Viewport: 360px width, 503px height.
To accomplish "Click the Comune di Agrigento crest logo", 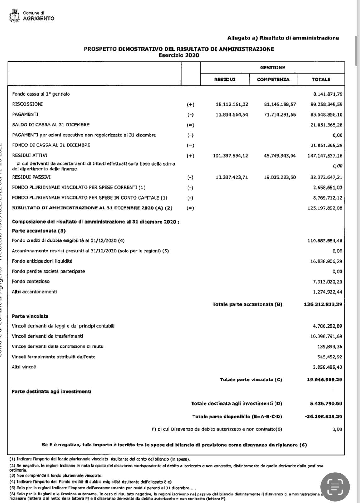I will [14, 16].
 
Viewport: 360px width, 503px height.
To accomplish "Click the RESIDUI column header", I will [225, 80].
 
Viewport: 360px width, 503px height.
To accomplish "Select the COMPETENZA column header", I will [273, 80].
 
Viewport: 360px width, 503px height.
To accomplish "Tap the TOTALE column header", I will [321, 80].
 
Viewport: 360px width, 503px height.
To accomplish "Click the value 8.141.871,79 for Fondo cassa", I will [328, 94].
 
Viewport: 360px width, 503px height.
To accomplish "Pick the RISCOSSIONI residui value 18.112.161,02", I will [232, 104].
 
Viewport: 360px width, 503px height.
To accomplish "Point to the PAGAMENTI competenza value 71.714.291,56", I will [280, 115].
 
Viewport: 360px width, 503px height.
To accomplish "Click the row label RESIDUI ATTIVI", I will [30, 155].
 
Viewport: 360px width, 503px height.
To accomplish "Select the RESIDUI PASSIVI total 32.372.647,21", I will [326, 177].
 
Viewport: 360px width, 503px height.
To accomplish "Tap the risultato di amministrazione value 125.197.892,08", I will [325, 208].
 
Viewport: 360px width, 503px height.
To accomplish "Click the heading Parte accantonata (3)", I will [39, 231].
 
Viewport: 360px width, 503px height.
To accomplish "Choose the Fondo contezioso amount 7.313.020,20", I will [327, 282].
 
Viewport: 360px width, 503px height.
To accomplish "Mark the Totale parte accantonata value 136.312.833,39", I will [323, 304].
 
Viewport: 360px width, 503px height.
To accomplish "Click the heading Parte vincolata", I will [30, 316].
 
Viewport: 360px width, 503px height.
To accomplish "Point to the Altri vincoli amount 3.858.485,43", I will [327, 367].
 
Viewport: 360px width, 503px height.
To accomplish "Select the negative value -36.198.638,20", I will [323, 417].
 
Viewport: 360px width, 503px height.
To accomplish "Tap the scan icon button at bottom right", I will [335, 487].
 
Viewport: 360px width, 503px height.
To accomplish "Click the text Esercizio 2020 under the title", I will [179, 55].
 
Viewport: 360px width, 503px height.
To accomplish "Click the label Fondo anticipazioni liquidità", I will [42, 261].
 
